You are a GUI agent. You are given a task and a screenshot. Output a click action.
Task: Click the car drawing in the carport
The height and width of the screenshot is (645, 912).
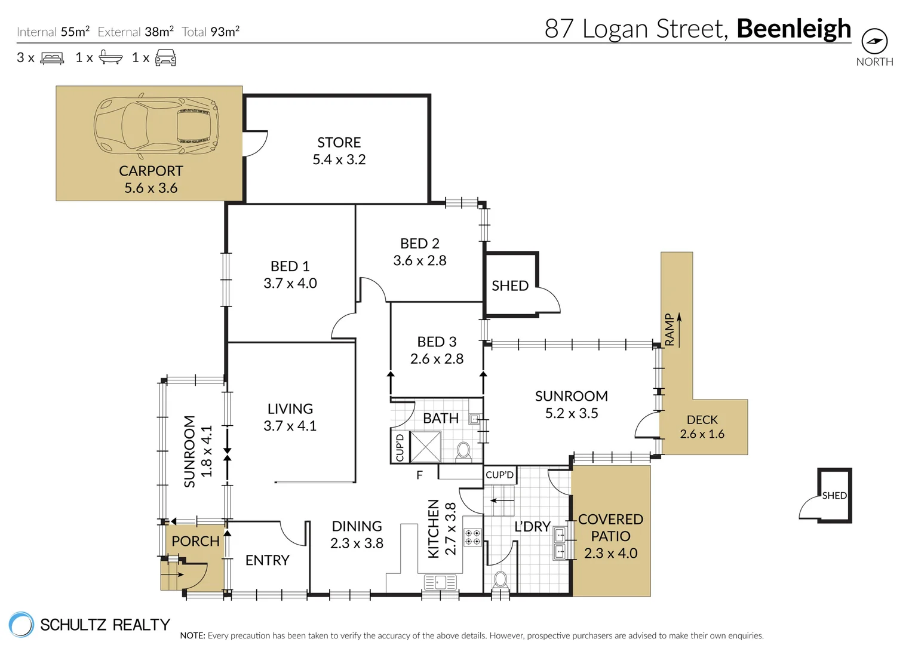tap(156, 126)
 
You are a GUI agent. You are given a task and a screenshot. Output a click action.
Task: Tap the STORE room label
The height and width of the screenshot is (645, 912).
tap(339, 143)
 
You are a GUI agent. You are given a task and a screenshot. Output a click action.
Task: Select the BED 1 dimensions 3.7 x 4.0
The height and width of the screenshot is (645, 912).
tap(290, 283)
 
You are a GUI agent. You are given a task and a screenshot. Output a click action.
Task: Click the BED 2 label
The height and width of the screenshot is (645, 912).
tap(420, 244)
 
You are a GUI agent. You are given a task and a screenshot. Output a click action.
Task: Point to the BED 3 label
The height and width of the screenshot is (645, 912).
tap(437, 342)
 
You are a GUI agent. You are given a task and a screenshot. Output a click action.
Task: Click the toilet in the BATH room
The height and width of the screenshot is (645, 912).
tap(463, 451)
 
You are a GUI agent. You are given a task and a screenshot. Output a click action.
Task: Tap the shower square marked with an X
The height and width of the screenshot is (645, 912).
tap(425, 447)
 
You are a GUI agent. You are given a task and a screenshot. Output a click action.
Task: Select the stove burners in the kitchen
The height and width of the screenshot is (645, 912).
tap(472, 537)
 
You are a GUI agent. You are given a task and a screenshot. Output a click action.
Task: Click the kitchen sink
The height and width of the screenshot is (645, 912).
tap(440, 582)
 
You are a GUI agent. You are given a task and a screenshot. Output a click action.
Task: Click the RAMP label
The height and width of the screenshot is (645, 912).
tap(670, 330)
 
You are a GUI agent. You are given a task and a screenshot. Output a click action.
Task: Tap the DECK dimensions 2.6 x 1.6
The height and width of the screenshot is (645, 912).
tap(702, 434)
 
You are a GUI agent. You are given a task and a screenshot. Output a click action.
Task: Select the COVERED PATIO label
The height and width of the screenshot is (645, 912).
tap(611, 528)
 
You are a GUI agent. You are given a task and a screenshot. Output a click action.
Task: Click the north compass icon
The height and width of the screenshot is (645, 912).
tap(874, 41)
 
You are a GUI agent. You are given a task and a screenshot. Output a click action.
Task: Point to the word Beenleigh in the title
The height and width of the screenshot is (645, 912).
tap(794, 29)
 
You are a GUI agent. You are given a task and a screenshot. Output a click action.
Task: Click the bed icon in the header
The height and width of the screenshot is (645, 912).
tap(52, 59)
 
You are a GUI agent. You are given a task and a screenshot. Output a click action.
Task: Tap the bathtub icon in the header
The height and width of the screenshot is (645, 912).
tap(110, 57)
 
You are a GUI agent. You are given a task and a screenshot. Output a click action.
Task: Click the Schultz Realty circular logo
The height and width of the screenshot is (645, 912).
tap(21, 624)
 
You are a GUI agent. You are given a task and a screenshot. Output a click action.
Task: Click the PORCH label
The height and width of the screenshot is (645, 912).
tap(195, 541)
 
